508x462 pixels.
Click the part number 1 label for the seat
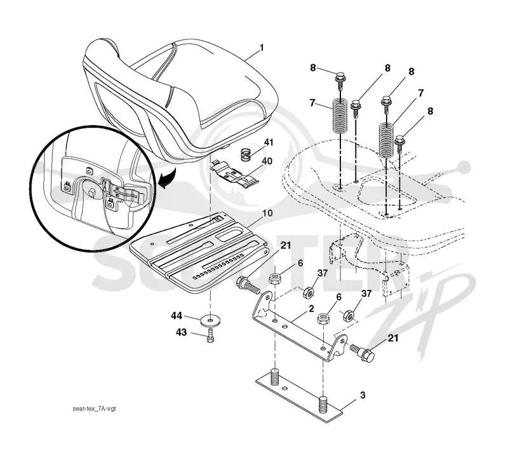click(x=262, y=48)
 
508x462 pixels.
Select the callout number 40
click(x=267, y=161)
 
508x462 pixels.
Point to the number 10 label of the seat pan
click(x=267, y=214)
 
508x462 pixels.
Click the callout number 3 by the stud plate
click(x=363, y=395)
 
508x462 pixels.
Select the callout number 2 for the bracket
click(x=311, y=309)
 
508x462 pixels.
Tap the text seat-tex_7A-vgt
click(x=94, y=409)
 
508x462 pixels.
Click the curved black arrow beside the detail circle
click(x=167, y=179)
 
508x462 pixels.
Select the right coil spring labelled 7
click(x=387, y=140)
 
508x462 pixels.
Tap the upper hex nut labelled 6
click(x=275, y=278)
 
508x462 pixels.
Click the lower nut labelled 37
click(x=349, y=315)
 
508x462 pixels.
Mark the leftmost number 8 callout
click(x=312, y=67)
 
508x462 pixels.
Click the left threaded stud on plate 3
click(x=275, y=377)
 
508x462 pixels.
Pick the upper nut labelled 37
click(x=308, y=293)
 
